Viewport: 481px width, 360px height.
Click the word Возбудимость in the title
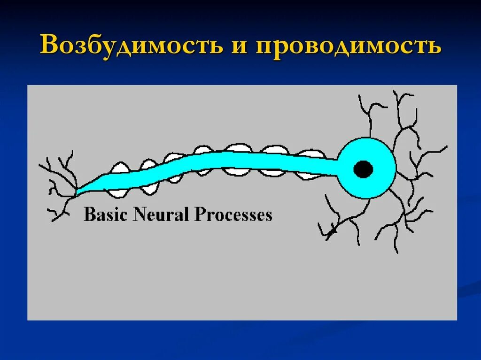[132, 46]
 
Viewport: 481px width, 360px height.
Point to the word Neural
[162, 214]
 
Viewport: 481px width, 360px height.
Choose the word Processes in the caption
[233, 215]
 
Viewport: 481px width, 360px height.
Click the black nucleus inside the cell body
[363, 169]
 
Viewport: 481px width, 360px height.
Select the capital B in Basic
[88, 214]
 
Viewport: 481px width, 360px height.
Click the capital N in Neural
[139, 214]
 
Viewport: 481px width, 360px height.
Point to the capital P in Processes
[199, 214]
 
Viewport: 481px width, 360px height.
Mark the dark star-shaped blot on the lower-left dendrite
[334, 230]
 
